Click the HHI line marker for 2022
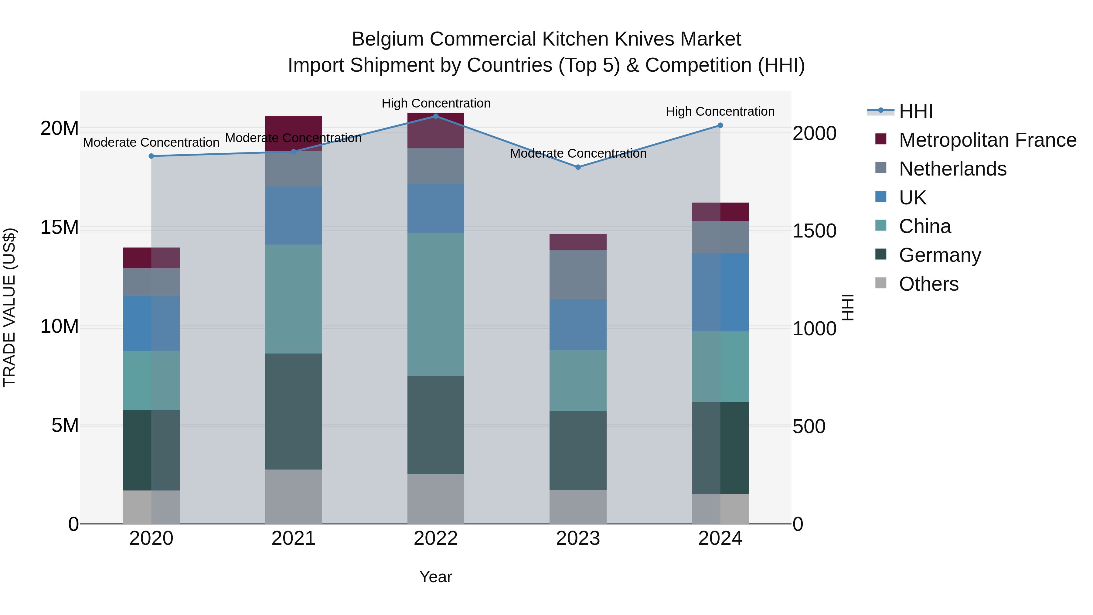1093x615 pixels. tap(436, 116)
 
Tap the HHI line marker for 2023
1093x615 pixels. tap(578, 167)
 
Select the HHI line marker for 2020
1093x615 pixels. tap(152, 156)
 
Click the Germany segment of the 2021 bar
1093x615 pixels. tap(294, 411)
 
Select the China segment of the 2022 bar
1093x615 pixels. tap(436, 304)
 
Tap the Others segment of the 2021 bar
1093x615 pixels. tap(294, 496)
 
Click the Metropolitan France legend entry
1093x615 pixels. tap(987, 140)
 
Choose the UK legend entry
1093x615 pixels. tap(912, 198)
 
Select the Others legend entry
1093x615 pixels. tap(928, 284)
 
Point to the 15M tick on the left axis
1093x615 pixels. tap(60, 227)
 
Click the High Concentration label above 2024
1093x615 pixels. tap(720, 112)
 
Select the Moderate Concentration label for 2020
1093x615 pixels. tap(151, 143)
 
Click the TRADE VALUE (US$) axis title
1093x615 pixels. tap(9, 307)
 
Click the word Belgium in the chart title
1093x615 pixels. tap(387, 39)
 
